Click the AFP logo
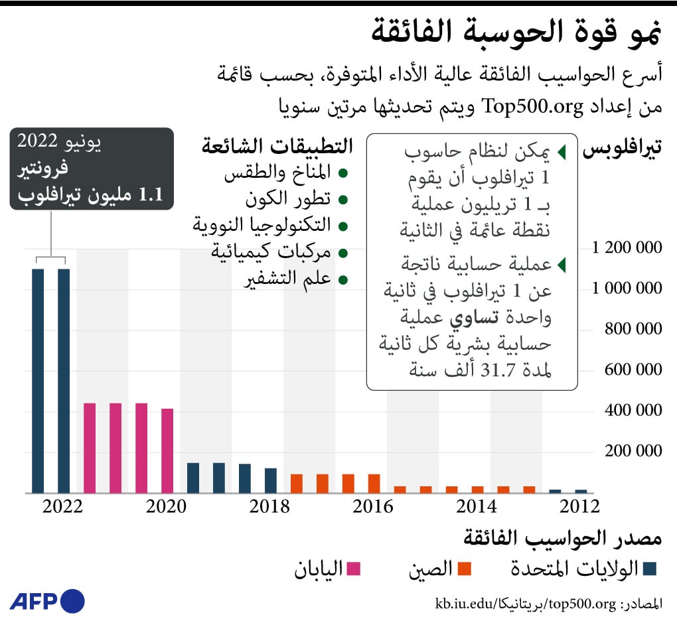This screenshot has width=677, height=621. [47, 601]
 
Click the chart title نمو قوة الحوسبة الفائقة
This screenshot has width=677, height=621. [524, 33]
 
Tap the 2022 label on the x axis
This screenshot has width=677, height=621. [63, 506]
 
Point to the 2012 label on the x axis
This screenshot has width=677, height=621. [579, 506]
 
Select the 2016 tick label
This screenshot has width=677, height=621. [373, 506]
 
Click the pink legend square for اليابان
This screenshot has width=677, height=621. [354, 569]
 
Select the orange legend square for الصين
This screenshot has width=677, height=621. [464, 569]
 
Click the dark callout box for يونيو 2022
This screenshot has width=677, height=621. [92, 169]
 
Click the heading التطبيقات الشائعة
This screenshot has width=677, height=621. [277, 147]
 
